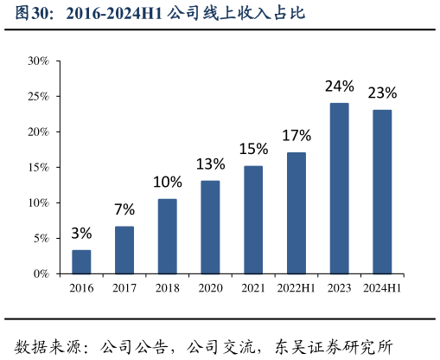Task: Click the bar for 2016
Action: [x=81, y=261]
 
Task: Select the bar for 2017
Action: [x=124, y=250]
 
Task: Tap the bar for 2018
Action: [x=168, y=236]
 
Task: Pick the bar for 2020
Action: [x=210, y=227]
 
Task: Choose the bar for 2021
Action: [x=253, y=220]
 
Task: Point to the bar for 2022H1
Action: [x=297, y=213]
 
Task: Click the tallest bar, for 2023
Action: [x=340, y=189]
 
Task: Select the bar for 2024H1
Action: [x=382, y=192]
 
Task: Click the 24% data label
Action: [x=340, y=86]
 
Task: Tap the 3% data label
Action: [x=81, y=234]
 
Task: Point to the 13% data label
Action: [x=210, y=164]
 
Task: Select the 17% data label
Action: [x=297, y=135]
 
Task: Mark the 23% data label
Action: [x=382, y=93]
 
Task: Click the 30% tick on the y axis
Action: [x=38, y=61]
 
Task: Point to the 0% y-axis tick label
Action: [x=41, y=273]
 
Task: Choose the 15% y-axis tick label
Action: [x=38, y=167]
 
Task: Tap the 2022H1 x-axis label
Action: [x=297, y=288]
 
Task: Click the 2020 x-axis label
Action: [x=210, y=288]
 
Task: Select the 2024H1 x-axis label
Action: [x=382, y=288]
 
